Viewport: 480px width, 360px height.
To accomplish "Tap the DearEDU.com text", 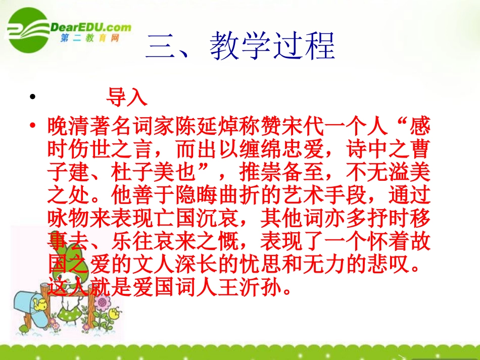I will point(91,28).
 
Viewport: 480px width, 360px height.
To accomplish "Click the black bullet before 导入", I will point(33,98).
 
